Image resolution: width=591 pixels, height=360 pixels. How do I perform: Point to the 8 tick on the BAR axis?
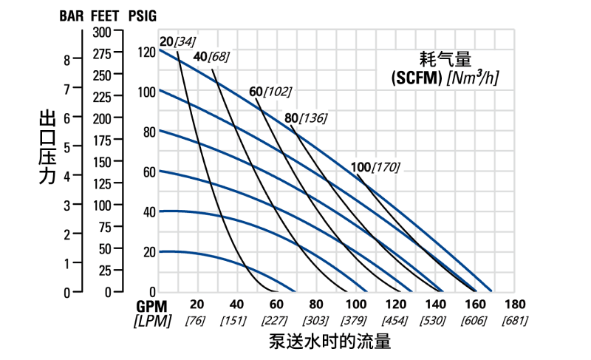click(67, 60)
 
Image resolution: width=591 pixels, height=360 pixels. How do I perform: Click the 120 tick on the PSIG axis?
click(146, 52)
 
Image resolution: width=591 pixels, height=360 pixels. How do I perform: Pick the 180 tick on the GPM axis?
click(516, 305)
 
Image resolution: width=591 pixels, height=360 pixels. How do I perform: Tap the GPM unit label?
click(151, 305)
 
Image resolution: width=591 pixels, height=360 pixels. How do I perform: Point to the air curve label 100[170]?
click(375, 167)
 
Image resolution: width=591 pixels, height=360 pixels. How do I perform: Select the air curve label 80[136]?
click(305, 118)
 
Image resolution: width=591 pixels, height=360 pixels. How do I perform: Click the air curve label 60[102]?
click(270, 92)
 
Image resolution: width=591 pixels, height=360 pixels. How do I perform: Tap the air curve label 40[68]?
click(211, 57)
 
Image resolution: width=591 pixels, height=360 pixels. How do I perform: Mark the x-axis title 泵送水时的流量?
click(329, 342)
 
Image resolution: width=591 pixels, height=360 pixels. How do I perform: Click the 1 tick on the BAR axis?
click(67, 263)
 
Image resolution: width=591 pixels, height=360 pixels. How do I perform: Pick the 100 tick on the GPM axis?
click(356, 305)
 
